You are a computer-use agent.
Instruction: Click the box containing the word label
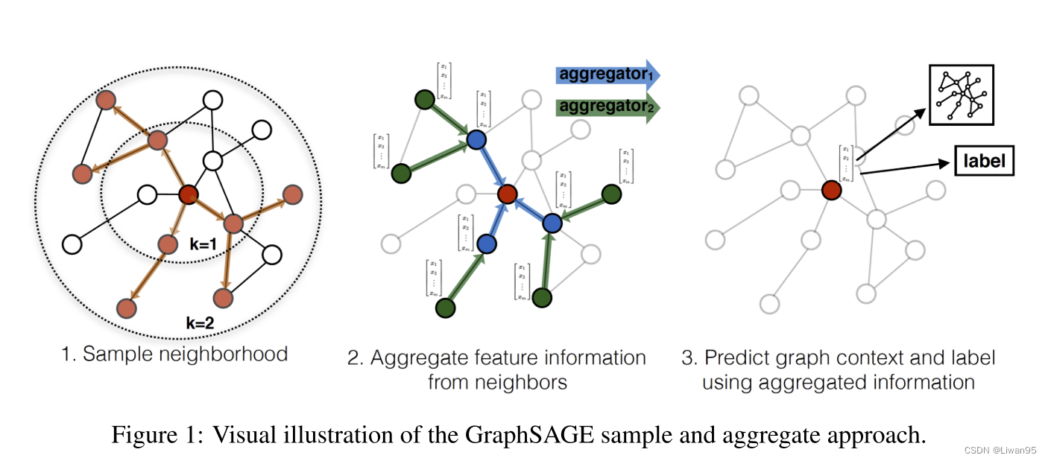(x=984, y=161)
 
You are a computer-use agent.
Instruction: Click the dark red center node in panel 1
(x=189, y=195)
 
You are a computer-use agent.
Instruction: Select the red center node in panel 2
(x=507, y=194)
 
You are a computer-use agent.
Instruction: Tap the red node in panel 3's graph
(x=831, y=190)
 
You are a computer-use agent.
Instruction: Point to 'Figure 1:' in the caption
(x=158, y=435)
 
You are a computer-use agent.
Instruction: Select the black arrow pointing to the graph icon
(x=891, y=134)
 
